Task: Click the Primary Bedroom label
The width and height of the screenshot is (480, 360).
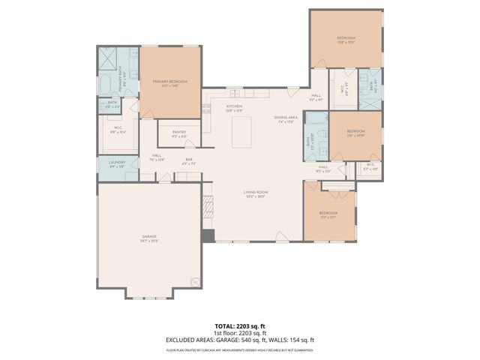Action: tap(169, 82)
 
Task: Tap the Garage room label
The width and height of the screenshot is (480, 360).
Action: tap(149, 238)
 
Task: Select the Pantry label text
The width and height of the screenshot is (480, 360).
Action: tap(179, 133)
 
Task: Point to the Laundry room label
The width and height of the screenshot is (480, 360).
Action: tap(116, 163)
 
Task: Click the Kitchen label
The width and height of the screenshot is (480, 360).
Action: tap(235, 107)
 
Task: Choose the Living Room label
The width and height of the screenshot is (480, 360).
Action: tap(256, 193)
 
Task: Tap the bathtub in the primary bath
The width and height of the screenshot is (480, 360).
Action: tap(106, 83)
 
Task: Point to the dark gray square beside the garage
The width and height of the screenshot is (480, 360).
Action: tap(208, 235)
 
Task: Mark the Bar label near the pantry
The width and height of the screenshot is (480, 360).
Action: tap(190, 160)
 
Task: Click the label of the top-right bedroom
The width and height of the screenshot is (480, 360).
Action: tap(346, 39)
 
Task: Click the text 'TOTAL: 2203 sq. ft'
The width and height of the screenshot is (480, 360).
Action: tap(240, 326)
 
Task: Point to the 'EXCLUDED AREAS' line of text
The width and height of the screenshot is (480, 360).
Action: tap(240, 340)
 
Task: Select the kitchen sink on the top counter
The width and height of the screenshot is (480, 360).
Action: tap(235, 94)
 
